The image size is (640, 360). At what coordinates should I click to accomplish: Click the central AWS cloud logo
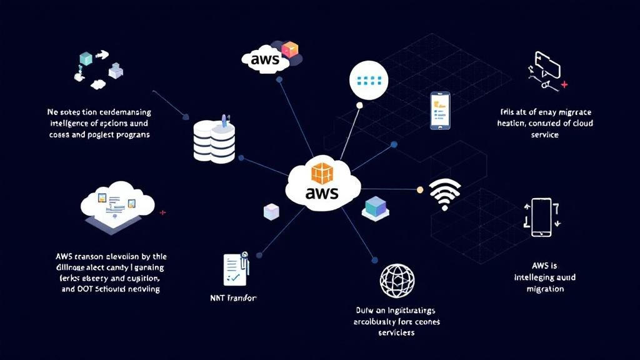click(x=322, y=182)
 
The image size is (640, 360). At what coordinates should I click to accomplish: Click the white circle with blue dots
click(x=368, y=80)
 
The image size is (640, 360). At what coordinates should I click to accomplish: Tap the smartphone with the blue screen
click(x=440, y=111)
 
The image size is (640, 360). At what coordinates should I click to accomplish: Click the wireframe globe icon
click(x=396, y=281)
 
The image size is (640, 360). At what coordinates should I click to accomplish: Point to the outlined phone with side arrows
click(x=541, y=217)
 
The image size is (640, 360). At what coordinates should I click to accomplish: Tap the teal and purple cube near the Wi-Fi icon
click(x=375, y=207)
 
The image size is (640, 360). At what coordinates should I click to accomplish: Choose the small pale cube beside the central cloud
click(x=272, y=211)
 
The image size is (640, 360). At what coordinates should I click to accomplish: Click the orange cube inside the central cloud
click(x=322, y=172)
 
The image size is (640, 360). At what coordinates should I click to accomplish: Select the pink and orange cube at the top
click(x=290, y=49)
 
